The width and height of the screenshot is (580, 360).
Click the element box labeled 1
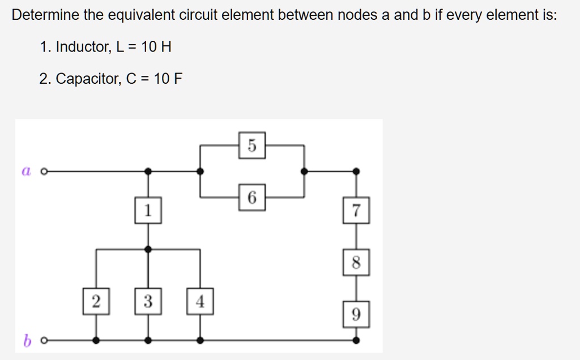[148, 211]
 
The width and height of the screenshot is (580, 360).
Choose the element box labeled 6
[252, 198]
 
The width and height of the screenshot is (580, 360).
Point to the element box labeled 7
[356, 211]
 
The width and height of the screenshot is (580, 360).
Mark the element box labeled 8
[356, 263]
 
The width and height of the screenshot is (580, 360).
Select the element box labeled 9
[356, 314]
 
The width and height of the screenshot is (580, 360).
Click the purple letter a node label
[25, 170]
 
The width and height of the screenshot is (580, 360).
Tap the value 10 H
[156, 48]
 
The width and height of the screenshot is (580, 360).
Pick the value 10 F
[168, 79]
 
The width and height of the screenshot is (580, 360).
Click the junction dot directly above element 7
[356, 170]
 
